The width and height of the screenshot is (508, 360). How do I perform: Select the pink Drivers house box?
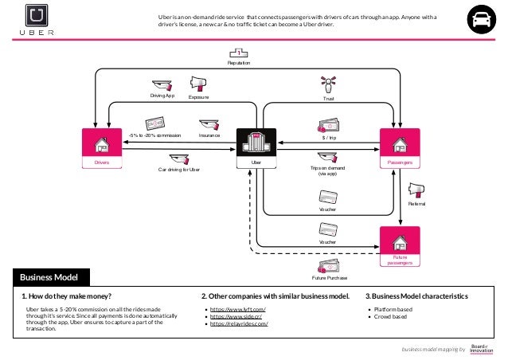[101, 147]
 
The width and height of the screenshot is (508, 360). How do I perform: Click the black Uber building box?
[256, 148]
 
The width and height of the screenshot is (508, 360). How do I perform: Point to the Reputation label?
[239, 63]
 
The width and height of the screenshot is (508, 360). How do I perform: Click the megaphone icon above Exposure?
[198, 84]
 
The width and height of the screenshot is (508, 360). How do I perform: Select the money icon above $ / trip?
[328, 124]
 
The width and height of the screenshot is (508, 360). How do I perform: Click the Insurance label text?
[209, 136]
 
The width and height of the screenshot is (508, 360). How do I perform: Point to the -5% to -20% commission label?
[154, 136]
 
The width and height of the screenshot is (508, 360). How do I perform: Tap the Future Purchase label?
[329, 278]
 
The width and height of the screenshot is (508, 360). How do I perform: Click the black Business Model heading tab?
[49, 277]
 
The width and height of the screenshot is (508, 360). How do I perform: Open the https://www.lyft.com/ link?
[237, 308]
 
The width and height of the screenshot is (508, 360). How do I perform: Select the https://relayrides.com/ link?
[239, 324]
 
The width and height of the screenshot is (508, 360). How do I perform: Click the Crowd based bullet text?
[390, 316]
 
